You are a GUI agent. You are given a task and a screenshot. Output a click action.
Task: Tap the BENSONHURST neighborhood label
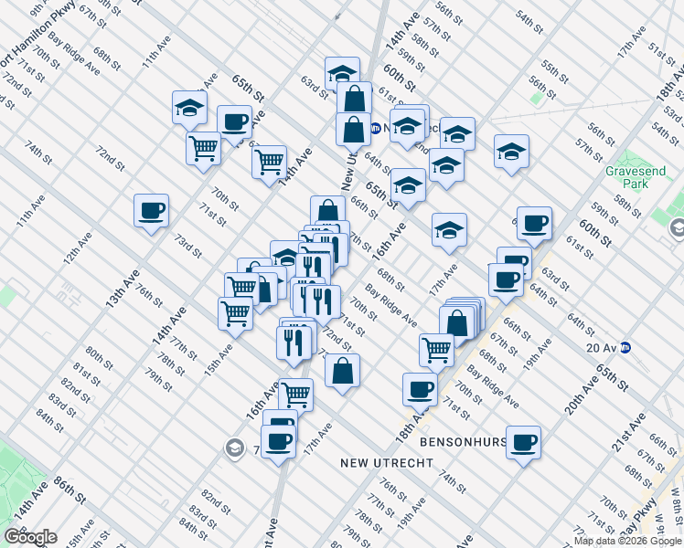point(463,442)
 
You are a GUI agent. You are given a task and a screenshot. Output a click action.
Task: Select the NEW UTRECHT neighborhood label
point(386,463)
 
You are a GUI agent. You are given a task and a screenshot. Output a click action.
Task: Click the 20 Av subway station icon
point(626,347)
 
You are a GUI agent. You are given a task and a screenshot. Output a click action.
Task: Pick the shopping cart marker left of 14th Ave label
point(269,162)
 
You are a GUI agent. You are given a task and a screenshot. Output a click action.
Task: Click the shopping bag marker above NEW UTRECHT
point(342,371)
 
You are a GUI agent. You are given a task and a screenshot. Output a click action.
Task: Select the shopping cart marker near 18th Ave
point(437,349)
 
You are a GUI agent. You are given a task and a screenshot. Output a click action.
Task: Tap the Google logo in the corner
point(30,537)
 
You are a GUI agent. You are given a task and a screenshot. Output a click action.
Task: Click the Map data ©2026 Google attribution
point(627,541)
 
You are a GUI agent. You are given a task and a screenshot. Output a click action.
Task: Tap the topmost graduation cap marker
point(342,73)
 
